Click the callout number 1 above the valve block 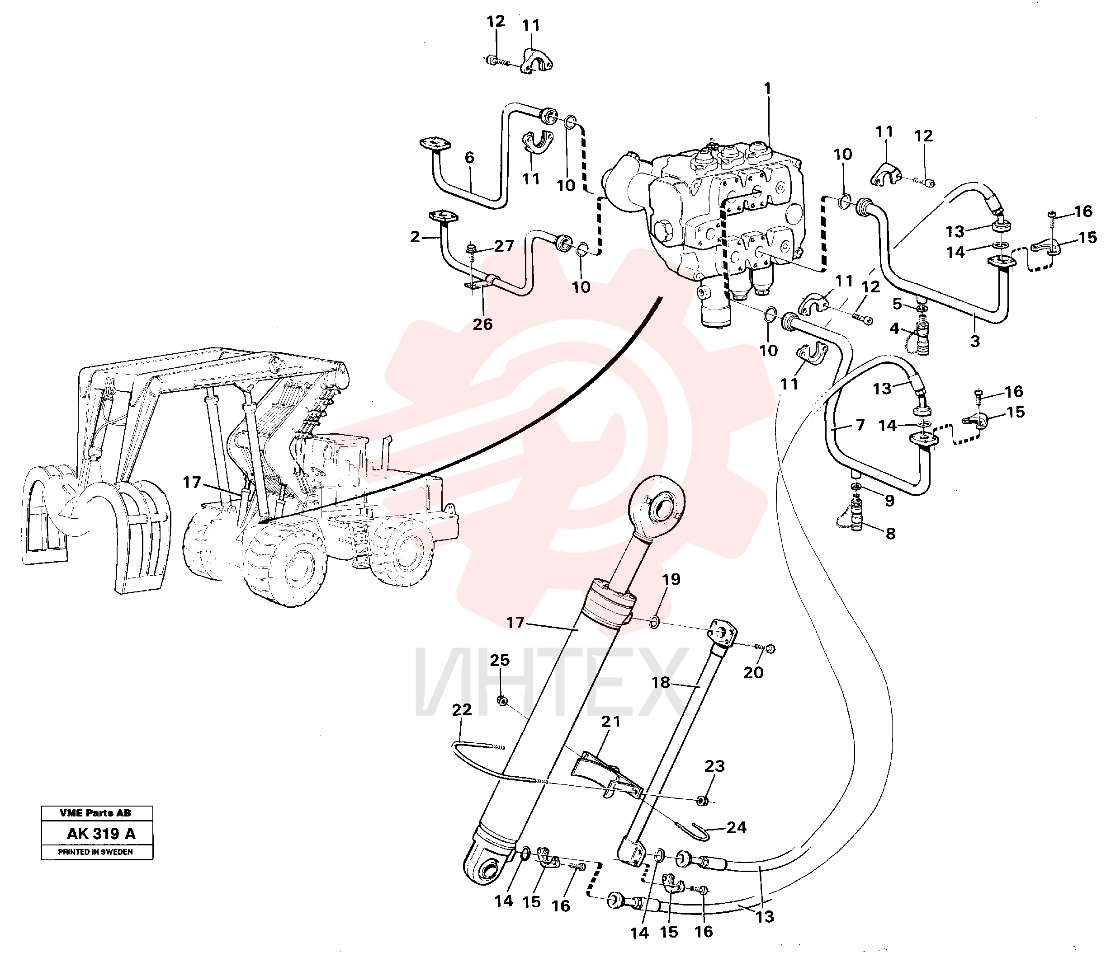pos(768,89)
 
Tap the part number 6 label pos(469,158)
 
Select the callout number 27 pos(504,246)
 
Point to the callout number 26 pos(482,324)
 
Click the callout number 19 pos(671,579)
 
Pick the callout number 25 pos(500,660)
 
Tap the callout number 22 pos(462,710)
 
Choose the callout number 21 pos(611,722)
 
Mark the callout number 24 pos(736,827)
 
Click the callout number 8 pos(890,534)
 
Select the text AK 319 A pos(101,834)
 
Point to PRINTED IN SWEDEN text pos(96,852)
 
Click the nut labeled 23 pos(703,801)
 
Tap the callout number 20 pos(753,672)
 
